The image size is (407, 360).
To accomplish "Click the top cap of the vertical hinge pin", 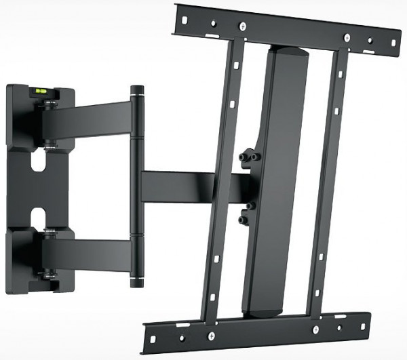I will pyautogui.click(x=138, y=89).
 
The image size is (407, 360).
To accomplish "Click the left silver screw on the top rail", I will pyautogui.click(x=242, y=27).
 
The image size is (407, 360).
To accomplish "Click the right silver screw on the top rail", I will pyautogui.click(x=347, y=37).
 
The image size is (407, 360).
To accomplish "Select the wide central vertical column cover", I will pyautogui.click(x=271, y=176).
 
